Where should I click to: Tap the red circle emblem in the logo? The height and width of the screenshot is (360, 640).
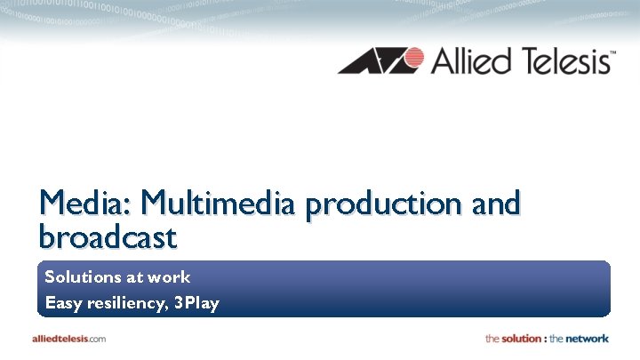click(410, 60)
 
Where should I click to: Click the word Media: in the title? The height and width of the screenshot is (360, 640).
click(84, 204)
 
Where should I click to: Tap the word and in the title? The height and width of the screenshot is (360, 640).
click(495, 204)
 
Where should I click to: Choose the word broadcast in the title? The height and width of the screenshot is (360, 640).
click(108, 236)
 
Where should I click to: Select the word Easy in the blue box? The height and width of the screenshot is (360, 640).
click(63, 304)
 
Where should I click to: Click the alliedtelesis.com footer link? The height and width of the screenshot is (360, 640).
click(69, 339)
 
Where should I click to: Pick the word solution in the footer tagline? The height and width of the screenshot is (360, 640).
click(522, 339)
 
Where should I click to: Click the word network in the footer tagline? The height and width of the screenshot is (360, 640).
click(582, 339)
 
